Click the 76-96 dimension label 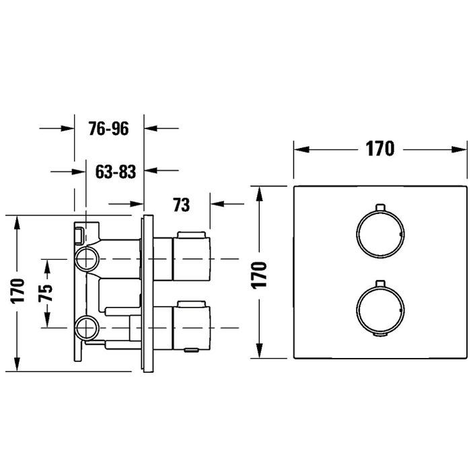[108, 129]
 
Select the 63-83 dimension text [116, 172]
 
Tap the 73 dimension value [182, 205]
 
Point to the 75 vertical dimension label [46, 293]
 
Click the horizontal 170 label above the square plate [379, 149]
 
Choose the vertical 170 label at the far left [17, 291]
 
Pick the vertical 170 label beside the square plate [259, 275]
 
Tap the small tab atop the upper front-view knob [380, 207]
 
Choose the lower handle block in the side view [191, 328]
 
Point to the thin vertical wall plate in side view [149, 294]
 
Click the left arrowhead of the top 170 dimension [301, 149]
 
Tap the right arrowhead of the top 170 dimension [460, 149]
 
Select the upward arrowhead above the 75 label [47, 267]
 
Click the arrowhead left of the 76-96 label [67, 129]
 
